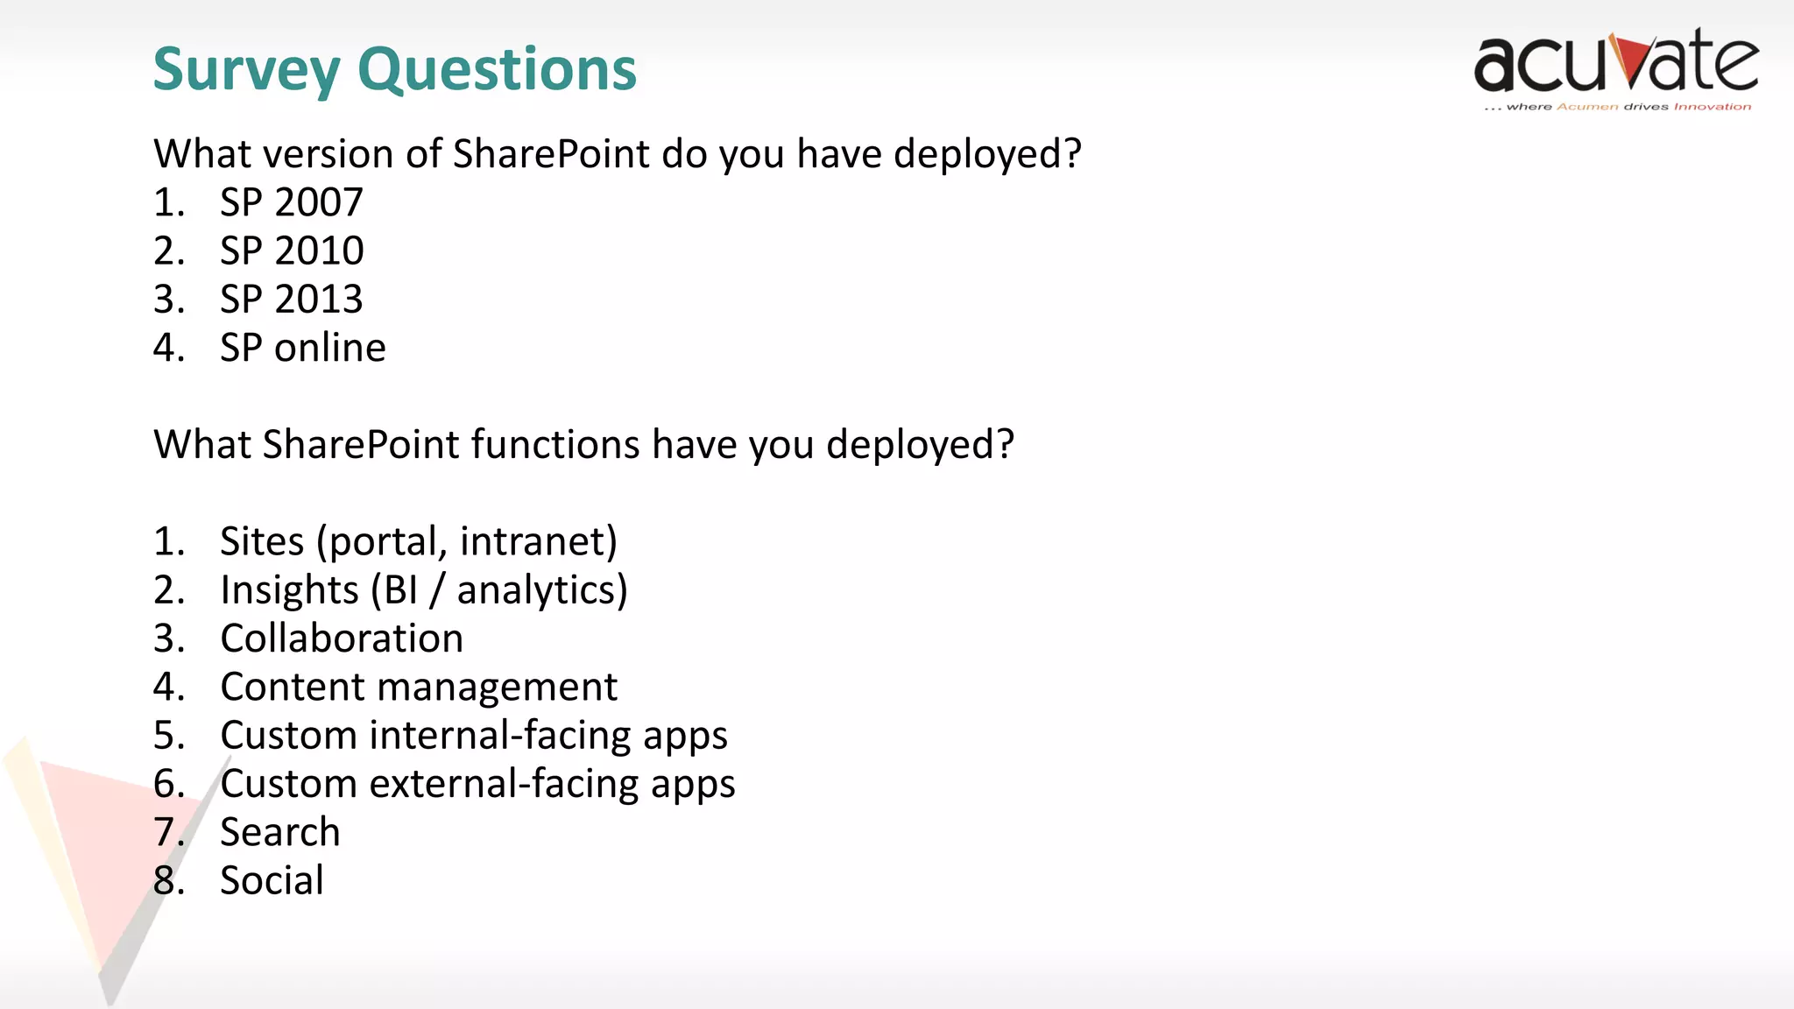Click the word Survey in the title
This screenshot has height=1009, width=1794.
click(x=246, y=70)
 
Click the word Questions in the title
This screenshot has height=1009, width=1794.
click(x=497, y=70)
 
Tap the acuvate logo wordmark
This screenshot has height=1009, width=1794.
click(x=1615, y=63)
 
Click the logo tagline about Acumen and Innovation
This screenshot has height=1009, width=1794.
click(x=1617, y=107)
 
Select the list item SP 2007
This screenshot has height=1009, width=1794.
click(x=291, y=202)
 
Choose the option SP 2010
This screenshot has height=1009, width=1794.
click(x=291, y=251)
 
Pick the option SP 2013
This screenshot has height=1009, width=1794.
click(x=291, y=300)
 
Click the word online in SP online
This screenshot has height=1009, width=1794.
click(x=330, y=348)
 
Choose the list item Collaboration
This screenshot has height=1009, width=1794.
click(x=342, y=639)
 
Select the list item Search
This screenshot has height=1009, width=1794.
click(x=279, y=832)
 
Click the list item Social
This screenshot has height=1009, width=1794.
click(x=272, y=880)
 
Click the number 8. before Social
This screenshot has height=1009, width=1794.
click(x=168, y=880)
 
